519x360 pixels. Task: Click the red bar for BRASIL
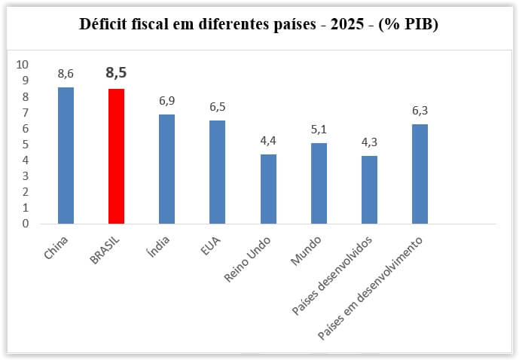(x=116, y=156)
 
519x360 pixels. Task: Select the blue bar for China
(x=66, y=155)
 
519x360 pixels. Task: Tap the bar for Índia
(x=166, y=169)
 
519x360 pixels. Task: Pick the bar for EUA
(x=217, y=172)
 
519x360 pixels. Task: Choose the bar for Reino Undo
(x=268, y=188)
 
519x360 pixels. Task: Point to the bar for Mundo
(x=319, y=183)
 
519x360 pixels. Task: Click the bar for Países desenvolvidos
(x=369, y=189)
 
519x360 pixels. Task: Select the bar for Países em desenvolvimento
(x=420, y=173)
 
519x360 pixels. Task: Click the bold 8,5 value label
(x=116, y=74)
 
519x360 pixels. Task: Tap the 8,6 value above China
(x=66, y=74)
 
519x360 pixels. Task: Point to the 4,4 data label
(x=268, y=140)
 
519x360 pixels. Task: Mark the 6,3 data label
(x=420, y=110)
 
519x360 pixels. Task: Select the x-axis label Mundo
(x=305, y=252)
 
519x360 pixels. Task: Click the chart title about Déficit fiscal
(x=259, y=24)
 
